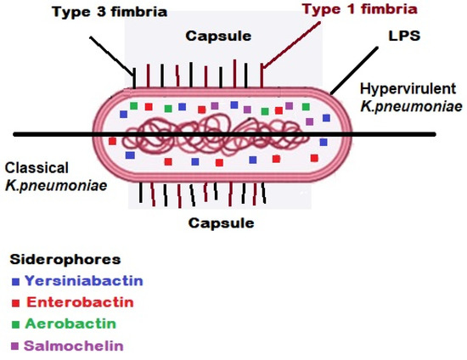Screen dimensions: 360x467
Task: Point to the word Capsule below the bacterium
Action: point(222,223)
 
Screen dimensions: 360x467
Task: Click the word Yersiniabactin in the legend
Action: point(83,280)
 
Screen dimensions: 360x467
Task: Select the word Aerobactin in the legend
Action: point(70,323)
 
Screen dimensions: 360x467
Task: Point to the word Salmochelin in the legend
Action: point(74,346)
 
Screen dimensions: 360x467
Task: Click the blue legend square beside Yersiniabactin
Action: point(15,281)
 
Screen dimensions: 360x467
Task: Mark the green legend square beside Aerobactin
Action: point(15,324)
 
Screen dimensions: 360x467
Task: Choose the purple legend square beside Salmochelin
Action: point(15,346)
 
